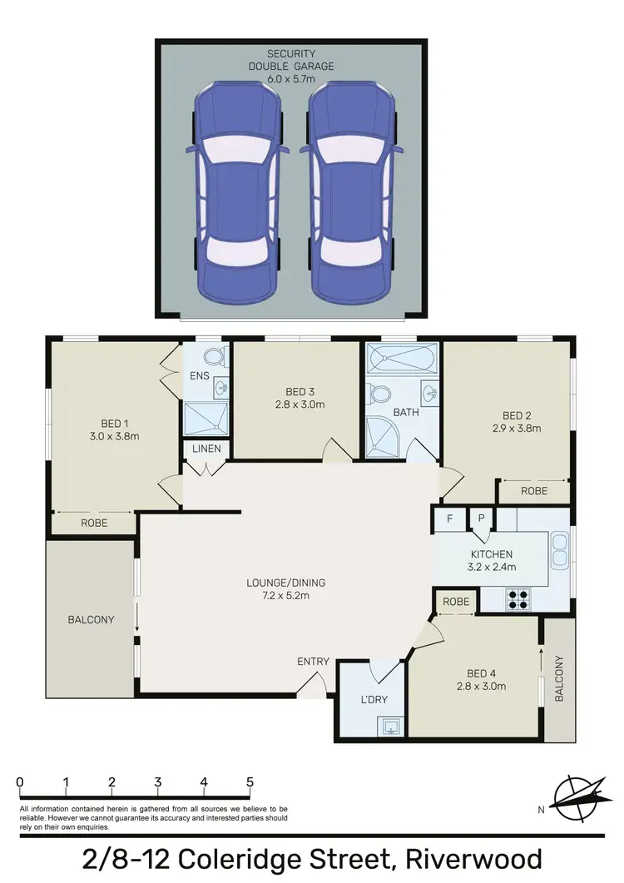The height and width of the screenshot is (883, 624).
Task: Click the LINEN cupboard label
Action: pos(205,450)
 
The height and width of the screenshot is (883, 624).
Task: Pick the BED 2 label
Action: pos(517,416)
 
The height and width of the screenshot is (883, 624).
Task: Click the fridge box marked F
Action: pos(449,518)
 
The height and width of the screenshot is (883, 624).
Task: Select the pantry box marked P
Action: pos(481,518)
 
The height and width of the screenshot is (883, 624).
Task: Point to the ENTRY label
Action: pos(314,662)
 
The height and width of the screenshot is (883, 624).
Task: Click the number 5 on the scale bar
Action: pos(250,782)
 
